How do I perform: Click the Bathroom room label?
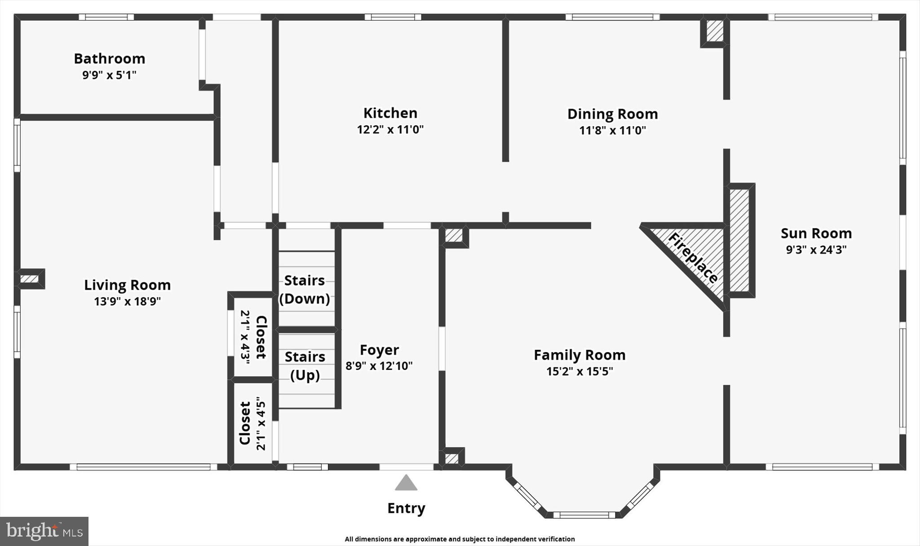109,59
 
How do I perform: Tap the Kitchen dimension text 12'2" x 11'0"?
390,130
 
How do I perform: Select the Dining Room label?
612,114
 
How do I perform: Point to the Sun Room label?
816,233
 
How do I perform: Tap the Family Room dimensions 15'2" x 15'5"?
579,372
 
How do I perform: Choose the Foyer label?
379,350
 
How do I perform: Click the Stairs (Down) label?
305,290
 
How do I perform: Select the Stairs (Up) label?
305,365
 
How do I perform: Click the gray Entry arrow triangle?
406,484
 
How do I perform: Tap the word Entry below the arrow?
406,508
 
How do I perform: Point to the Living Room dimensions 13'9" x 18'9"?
127,302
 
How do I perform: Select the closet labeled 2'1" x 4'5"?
252,423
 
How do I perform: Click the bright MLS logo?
44,531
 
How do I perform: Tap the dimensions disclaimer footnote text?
460,539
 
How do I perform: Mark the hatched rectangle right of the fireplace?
739,240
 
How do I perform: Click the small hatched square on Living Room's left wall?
30,279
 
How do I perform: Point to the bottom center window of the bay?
584,515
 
